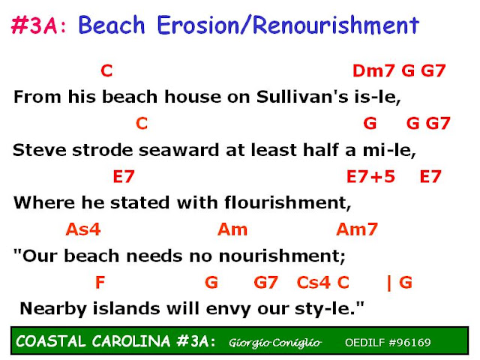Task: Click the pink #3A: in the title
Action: pyautogui.click(x=39, y=25)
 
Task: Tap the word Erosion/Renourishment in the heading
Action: pyautogui.click(x=288, y=25)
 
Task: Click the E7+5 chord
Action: pyautogui.click(x=370, y=177)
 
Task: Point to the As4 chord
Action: pyautogui.click(x=83, y=229)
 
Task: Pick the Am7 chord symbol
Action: pyautogui.click(x=357, y=229)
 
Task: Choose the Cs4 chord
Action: pyautogui.click(x=313, y=282)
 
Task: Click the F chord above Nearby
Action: pyautogui.click(x=100, y=282)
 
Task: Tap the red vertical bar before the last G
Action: pyautogui.click(x=389, y=283)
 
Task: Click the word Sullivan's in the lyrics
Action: pyautogui.click(x=302, y=97)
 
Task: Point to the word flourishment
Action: pyautogui.click(x=288, y=202)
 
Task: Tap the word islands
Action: pyautogui.click(x=127, y=308)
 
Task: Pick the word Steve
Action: pyautogui.click(x=40, y=150)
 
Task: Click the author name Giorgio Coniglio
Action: pyautogui.click(x=275, y=343)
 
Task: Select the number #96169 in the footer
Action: pyautogui.click(x=409, y=342)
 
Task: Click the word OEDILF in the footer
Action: pyautogui.click(x=365, y=342)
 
